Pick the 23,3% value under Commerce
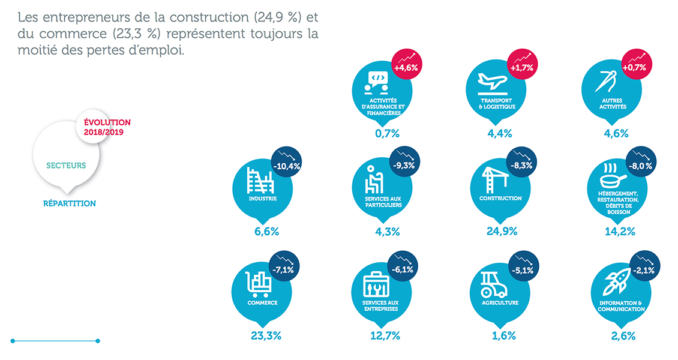[266, 336]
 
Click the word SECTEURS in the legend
[66, 165]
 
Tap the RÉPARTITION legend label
[70, 203]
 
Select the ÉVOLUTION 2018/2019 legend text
[103, 127]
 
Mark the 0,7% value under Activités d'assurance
[387, 133]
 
